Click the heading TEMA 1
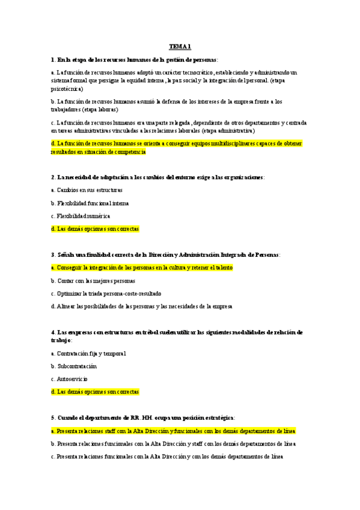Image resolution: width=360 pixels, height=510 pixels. point(180,46)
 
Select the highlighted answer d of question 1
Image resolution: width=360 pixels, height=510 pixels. point(168,147)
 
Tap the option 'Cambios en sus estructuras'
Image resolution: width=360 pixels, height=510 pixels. point(87,190)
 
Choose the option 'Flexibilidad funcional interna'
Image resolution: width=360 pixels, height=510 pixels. point(90,203)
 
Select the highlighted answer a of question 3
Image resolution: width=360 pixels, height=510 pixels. point(142,268)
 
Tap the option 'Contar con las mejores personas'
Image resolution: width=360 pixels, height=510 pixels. point(93,281)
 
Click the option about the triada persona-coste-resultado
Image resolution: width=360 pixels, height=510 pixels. point(106,293)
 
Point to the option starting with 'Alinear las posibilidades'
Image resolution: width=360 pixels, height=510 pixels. point(141,306)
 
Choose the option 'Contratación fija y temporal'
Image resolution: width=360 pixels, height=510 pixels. point(88,353)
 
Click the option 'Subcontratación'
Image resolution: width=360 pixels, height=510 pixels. point(74,366)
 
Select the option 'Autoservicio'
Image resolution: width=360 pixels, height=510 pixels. point(70,379)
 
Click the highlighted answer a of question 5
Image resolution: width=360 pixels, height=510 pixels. point(173,431)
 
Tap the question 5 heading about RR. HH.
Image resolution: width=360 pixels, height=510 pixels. point(143,417)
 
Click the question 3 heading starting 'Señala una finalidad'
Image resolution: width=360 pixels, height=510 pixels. point(165,254)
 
